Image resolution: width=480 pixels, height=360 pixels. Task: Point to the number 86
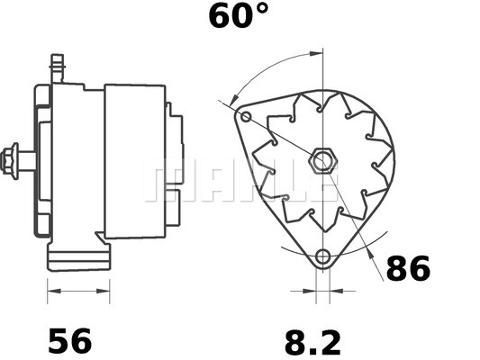(x=409, y=268)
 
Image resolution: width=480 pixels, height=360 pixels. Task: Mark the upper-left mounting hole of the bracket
(x=247, y=117)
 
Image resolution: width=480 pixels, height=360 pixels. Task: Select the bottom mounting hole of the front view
(x=323, y=256)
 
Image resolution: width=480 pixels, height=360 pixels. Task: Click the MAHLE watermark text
(x=240, y=180)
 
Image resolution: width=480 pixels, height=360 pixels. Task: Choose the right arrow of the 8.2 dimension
(x=337, y=291)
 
